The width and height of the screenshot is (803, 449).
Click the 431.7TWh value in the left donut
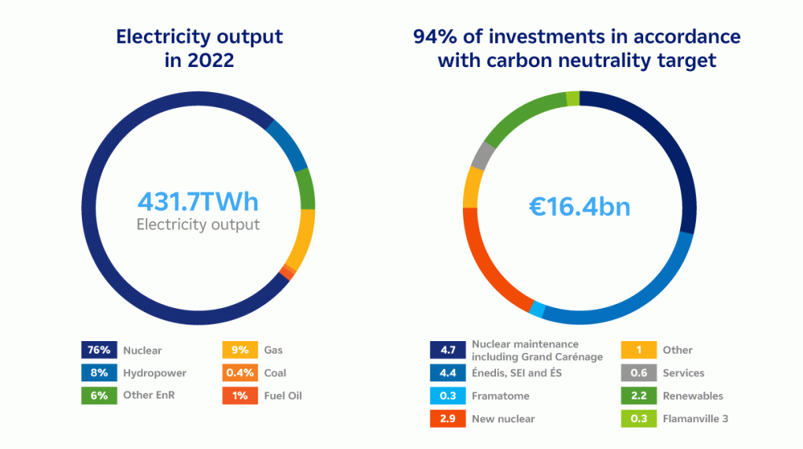click(x=198, y=202)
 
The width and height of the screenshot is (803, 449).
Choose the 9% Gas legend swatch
click(x=240, y=350)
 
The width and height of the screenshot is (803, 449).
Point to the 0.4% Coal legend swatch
click(x=240, y=373)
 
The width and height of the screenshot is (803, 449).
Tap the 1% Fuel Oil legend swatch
click(x=240, y=395)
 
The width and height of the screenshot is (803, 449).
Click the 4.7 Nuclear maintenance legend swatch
click(x=446, y=350)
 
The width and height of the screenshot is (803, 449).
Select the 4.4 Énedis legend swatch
click(x=446, y=373)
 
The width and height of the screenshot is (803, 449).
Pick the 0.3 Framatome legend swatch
click(x=446, y=395)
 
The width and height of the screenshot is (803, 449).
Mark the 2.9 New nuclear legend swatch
click(x=446, y=418)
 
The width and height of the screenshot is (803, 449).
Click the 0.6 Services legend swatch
click(x=638, y=373)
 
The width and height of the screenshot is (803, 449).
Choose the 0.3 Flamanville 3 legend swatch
click(x=638, y=418)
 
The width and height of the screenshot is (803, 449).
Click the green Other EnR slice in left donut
click(x=305, y=189)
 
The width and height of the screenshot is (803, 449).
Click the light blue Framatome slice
click(x=537, y=310)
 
